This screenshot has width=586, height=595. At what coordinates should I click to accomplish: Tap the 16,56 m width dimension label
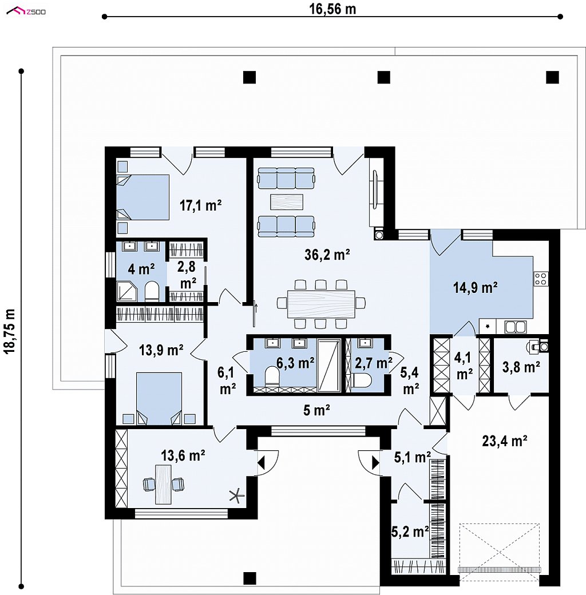[x=332, y=9]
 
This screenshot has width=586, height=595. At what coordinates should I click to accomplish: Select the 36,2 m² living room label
[x=327, y=255]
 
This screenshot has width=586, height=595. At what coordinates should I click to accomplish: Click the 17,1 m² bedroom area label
[x=200, y=205]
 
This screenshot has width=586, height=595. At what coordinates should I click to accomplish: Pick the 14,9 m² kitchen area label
[x=475, y=288]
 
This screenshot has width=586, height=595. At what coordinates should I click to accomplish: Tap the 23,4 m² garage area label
[x=504, y=441]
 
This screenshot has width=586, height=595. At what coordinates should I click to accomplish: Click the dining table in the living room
[x=322, y=304]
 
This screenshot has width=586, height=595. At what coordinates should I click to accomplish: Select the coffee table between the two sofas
[x=287, y=202]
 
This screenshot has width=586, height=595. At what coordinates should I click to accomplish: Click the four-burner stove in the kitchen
[x=541, y=279]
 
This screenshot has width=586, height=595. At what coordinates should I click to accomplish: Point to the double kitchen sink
[x=516, y=327]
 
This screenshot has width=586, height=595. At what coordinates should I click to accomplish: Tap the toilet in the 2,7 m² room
[x=361, y=380]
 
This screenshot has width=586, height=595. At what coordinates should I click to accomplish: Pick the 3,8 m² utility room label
[x=521, y=367]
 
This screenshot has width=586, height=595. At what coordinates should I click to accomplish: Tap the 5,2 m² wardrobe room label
[x=410, y=532]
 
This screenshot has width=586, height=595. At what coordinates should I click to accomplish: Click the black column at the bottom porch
[x=250, y=578]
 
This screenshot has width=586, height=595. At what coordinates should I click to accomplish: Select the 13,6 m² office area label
[x=183, y=455]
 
